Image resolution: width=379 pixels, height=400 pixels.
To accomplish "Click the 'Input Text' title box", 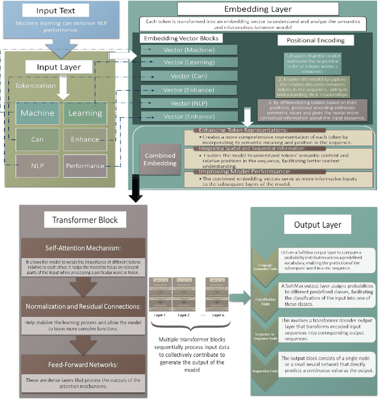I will tap(55, 11).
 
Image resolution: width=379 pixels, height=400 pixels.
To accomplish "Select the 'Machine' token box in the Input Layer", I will tap(38, 113).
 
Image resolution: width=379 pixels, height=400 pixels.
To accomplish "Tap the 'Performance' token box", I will tap(84, 165).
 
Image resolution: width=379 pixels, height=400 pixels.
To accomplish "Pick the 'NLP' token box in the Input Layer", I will tap(38, 165).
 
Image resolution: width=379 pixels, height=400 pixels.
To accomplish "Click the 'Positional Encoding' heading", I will tap(316, 41).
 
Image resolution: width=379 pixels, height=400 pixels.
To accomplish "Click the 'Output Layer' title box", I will tap(313, 226).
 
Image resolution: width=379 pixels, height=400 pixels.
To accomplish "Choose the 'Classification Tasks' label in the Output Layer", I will tap(265, 301).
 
